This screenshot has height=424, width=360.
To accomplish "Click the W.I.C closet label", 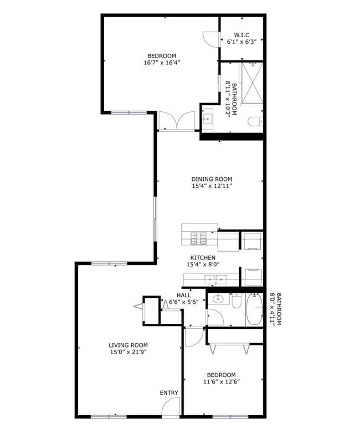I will (x=241, y=34).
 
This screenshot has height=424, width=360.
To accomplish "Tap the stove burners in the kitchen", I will (x=199, y=239).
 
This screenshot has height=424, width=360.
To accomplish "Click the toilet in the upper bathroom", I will (x=255, y=122).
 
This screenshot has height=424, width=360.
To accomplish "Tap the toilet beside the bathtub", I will (x=236, y=302).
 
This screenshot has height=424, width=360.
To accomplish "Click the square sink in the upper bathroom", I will (x=208, y=118).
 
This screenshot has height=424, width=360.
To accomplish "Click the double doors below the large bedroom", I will (x=177, y=121).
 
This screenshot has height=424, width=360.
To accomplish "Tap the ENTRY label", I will (x=169, y=393).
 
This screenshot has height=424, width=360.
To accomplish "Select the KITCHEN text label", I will (x=203, y=257).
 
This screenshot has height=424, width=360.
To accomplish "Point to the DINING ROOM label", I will (x=212, y=179).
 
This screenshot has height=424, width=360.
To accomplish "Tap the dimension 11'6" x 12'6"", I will (x=221, y=381).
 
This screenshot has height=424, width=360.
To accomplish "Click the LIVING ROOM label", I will (x=128, y=345).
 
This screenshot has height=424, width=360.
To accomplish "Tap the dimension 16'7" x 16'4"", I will (x=162, y=63).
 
